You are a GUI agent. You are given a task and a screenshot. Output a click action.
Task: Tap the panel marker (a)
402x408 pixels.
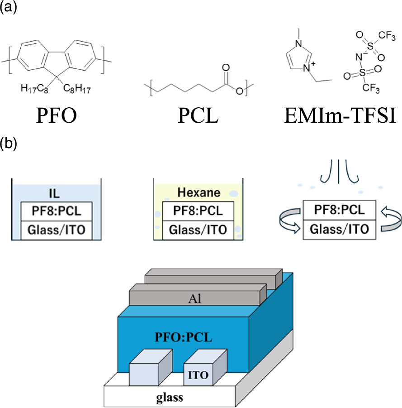[8, 9]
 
